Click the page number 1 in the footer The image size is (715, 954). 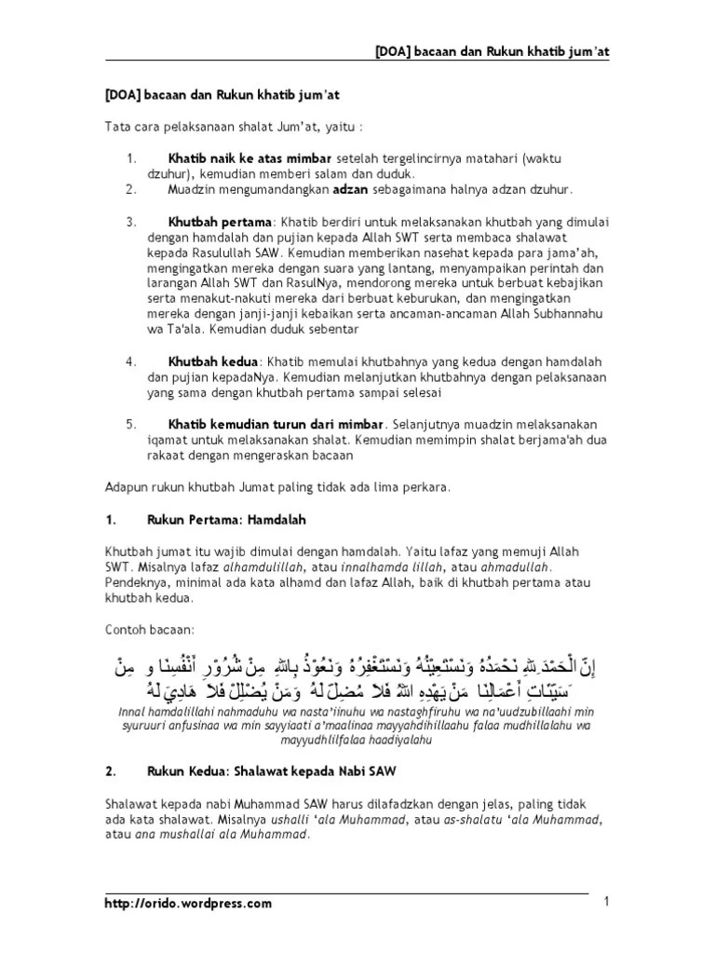606,901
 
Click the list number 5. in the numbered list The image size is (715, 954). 130,424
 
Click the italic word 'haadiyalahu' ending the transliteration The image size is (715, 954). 402,740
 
